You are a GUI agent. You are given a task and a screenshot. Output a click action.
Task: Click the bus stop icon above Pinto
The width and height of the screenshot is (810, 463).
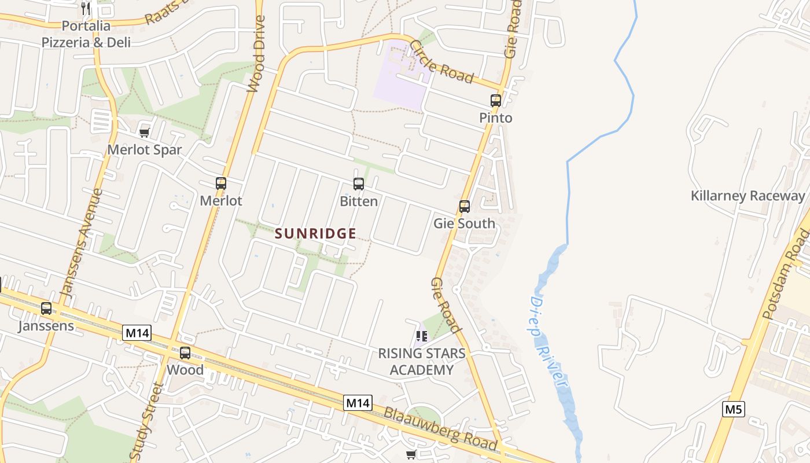tap(496, 100)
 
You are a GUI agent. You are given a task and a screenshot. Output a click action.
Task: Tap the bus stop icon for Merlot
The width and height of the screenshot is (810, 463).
tap(220, 183)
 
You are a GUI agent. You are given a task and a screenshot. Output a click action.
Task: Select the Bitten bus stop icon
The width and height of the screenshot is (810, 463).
tap(359, 184)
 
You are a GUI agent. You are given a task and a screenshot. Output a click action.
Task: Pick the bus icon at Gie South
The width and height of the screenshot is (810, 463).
tap(464, 206)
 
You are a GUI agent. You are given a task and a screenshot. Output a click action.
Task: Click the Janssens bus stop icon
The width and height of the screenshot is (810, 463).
tap(46, 308)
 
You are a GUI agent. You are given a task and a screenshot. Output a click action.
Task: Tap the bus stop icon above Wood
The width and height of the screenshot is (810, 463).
tap(185, 352)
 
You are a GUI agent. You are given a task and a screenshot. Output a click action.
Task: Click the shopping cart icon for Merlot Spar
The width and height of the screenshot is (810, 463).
tap(145, 133)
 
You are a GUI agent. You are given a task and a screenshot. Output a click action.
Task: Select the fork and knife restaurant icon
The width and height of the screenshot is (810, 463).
tap(86, 8)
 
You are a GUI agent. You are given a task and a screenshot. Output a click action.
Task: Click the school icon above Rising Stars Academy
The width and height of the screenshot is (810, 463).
tap(422, 336)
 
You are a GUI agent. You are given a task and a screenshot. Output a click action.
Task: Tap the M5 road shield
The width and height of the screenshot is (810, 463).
tap(733, 410)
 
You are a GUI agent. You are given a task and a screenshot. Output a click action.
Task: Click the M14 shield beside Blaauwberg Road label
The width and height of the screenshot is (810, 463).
tap(358, 403)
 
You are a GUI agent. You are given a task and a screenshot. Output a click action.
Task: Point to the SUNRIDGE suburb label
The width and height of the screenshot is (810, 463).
tap(315, 233)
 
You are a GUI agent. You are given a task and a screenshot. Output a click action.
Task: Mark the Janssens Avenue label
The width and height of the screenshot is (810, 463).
tap(82, 244)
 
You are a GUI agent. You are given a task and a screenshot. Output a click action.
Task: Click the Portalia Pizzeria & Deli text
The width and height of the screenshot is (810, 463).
tap(86, 34)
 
